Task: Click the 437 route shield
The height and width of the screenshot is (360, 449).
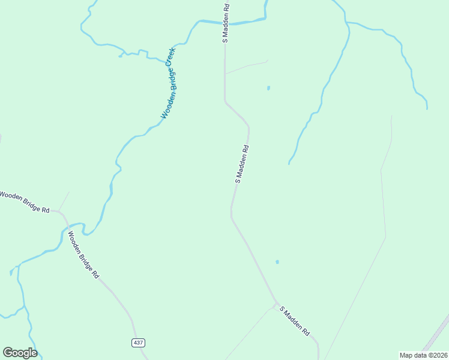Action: (137, 343)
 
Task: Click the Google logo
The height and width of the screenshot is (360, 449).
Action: (20, 353)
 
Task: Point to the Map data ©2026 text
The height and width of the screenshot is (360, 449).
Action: (423, 355)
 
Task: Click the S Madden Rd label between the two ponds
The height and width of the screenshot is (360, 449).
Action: (242, 164)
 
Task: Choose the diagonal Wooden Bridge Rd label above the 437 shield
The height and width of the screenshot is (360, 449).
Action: (83, 256)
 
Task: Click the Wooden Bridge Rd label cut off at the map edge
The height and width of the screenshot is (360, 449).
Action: (24, 202)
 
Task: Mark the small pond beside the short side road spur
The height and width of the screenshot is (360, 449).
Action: (268, 88)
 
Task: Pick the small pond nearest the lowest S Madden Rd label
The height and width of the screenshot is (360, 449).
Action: (277, 262)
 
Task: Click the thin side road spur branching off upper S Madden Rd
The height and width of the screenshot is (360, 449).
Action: (246, 65)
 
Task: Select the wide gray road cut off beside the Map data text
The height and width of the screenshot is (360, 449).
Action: (437, 340)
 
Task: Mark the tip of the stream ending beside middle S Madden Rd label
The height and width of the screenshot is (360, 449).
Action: (289, 163)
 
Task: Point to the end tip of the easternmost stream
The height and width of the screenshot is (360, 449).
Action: (427, 109)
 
